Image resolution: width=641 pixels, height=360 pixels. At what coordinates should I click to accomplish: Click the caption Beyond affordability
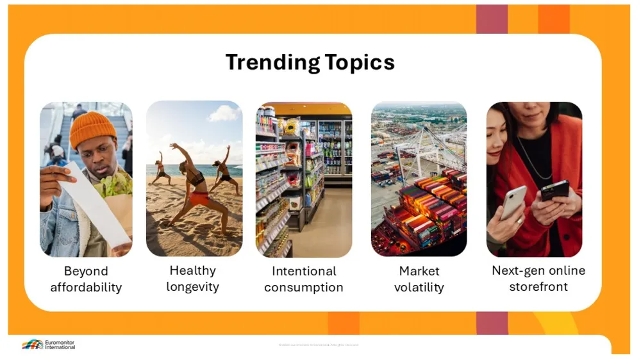point(86,279)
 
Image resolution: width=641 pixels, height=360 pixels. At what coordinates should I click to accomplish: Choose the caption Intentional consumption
point(304,279)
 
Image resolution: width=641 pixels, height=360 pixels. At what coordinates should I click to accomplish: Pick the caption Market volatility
point(419,279)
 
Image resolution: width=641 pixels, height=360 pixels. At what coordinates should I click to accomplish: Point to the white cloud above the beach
point(224,113)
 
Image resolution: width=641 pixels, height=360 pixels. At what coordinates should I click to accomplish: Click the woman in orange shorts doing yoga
point(192,186)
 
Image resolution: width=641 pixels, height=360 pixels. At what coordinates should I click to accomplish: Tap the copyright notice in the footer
point(319,345)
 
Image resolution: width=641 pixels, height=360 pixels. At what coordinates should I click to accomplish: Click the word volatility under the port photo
point(419,287)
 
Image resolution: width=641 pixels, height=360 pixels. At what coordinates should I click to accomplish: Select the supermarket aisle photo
point(304,179)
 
